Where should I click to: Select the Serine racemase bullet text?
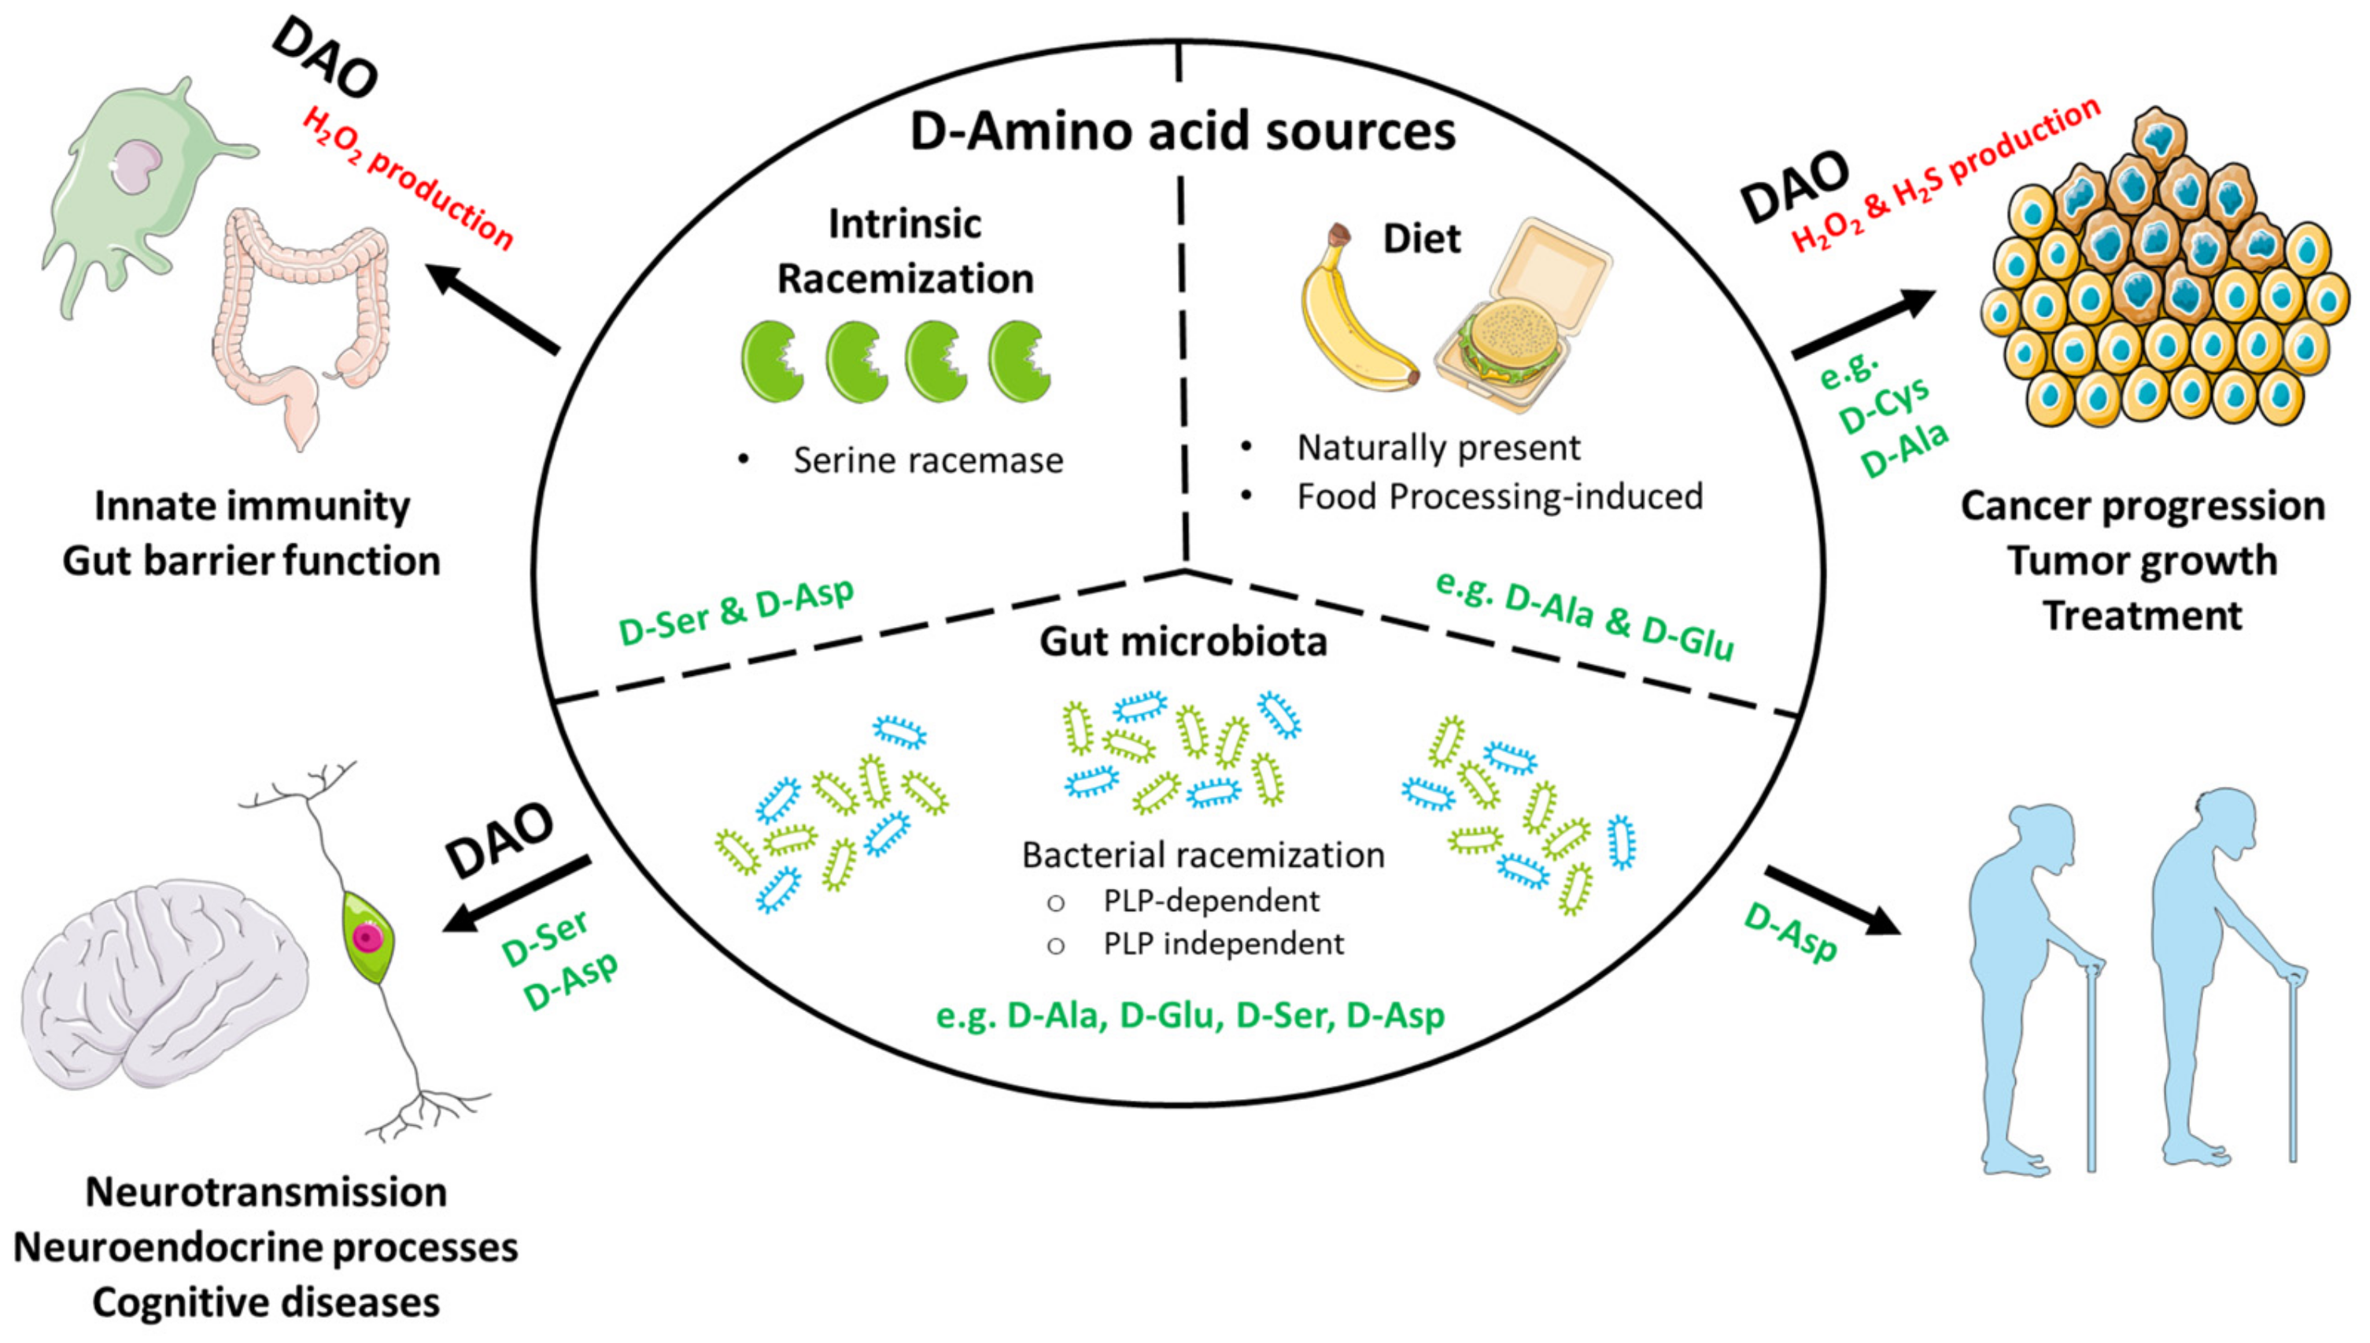tap(927, 459)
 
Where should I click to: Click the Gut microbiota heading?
tap(1183, 642)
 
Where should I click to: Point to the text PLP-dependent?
tap(1210, 900)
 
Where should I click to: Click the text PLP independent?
tap(1222, 943)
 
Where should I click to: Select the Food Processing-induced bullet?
tap(1499, 496)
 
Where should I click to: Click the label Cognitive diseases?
tap(266, 1302)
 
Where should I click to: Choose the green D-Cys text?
tap(1882, 407)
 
